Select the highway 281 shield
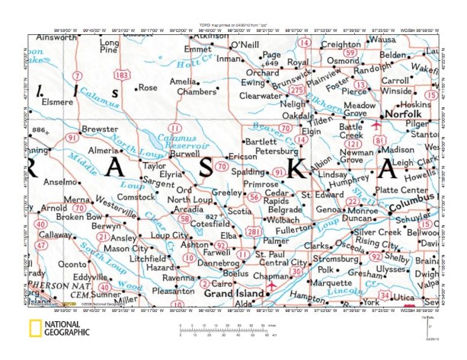253,231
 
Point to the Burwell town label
184,153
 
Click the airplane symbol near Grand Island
272,285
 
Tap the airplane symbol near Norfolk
374,122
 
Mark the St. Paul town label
269,253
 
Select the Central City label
284,263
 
